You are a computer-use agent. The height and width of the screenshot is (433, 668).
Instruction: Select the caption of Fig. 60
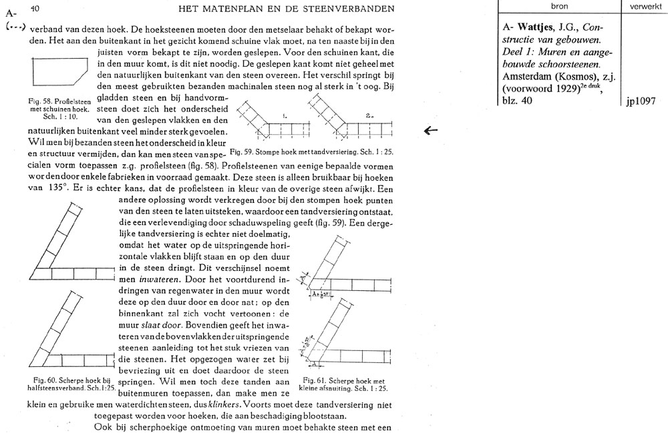69,384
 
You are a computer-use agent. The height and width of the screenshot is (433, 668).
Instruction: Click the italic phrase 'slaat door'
150,324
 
